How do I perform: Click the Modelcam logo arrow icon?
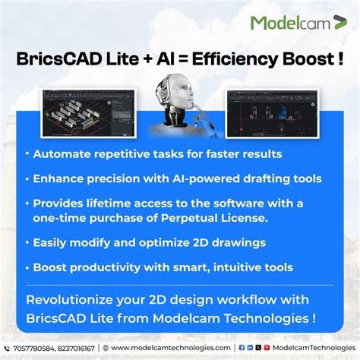pyautogui.click(x=339, y=22)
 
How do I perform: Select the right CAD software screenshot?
pyautogui.click(x=270, y=112)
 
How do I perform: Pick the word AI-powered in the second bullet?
pyautogui.click(x=199, y=178)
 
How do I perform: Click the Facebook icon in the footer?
pyautogui.click(x=242, y=347)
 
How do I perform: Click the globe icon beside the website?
pyautogui.click(x=106, y=347)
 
